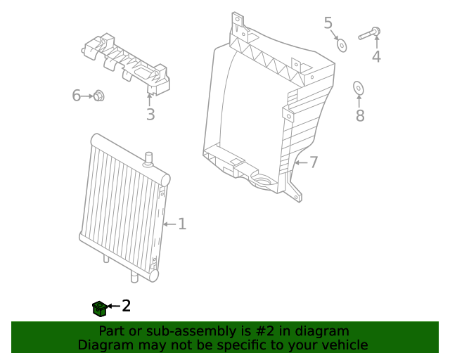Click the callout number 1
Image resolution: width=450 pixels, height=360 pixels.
[x=182, y=224]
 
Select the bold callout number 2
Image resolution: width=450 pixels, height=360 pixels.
[x=127, y=306]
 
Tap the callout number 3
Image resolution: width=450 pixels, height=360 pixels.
[x=150, y=115]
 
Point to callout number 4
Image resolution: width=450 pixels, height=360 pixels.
[x=376, y=56]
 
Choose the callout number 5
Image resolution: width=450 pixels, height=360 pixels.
[x=328, y=23]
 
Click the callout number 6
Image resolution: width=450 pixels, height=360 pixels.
[x=77, y=95]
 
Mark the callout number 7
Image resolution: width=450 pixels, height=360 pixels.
[x=314, y=162]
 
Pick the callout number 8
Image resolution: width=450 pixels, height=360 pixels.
[x=360, y=115]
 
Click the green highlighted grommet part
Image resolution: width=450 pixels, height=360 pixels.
[x=99, y=307]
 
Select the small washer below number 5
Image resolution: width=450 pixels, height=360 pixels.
[x=342, y=45]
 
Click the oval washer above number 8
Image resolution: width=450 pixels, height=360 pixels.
[x=358, y=88]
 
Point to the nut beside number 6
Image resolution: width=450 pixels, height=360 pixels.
[x=99, y=95]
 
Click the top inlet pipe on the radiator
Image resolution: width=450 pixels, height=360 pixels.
[x=148, y=158]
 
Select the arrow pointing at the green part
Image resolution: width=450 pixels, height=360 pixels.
[x=112, y=307]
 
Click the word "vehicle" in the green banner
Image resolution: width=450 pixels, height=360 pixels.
[x=342, y=345]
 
